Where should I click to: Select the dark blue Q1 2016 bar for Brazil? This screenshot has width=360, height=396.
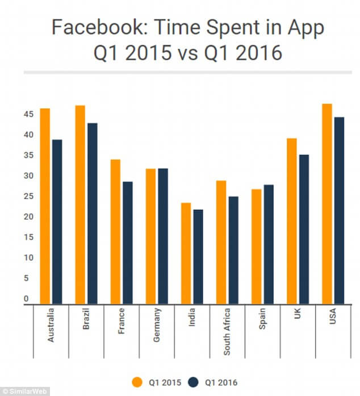click(x=92, y=213)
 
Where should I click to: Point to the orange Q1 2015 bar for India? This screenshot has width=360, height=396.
click(x=186, y=253)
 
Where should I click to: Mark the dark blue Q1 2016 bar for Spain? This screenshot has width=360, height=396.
click(x=268, y=245)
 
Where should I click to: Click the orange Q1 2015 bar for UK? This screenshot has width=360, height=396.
click(x=292, y=221)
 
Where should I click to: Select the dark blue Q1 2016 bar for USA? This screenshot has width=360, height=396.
click(x=338, y=210)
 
